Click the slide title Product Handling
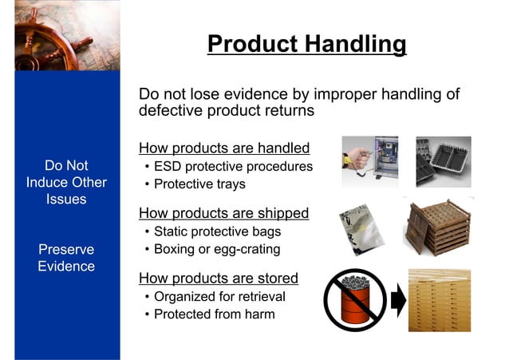(306, 43)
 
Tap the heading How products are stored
(219, 279)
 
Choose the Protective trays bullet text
(199, 184)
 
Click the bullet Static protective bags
(217, 232)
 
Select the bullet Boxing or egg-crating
(217, 250)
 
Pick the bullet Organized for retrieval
(219, 297)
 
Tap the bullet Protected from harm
(214, 315)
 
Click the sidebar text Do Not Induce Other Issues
(66, 182)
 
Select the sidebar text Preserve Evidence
(66, 257)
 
